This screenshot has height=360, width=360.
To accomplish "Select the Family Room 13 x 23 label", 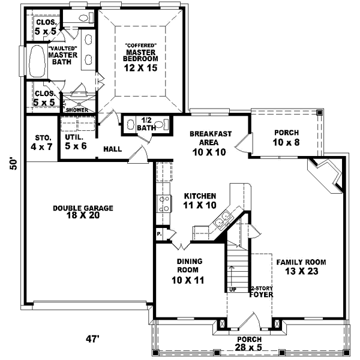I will click(x=301, y=266).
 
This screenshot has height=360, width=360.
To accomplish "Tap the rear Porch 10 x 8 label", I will click(x=286, y=137).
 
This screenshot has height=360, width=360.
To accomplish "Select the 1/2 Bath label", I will click(x=146, y=124).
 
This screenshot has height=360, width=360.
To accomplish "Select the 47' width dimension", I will click(x=92, y=339).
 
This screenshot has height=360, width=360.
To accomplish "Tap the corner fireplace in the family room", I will click(x=326, y=175).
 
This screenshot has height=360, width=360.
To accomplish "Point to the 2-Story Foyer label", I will click(x=262, y=292).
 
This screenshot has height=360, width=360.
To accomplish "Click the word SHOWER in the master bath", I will click(x=77, y=110).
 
